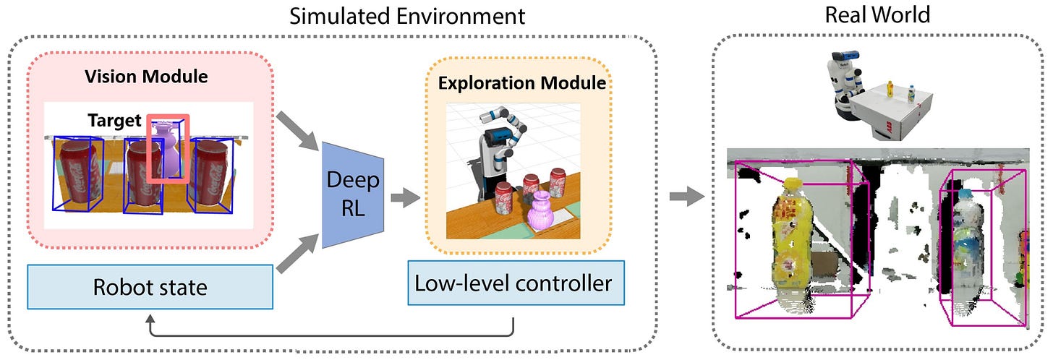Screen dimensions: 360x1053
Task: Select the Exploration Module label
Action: pos(522,83)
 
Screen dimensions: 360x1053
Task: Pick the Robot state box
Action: pos(150,288)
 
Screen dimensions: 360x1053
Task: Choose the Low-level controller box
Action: pos(514,283)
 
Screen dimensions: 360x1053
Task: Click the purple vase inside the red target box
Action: pos(166,152)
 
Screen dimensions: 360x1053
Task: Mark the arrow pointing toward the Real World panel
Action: pos(686,194)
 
